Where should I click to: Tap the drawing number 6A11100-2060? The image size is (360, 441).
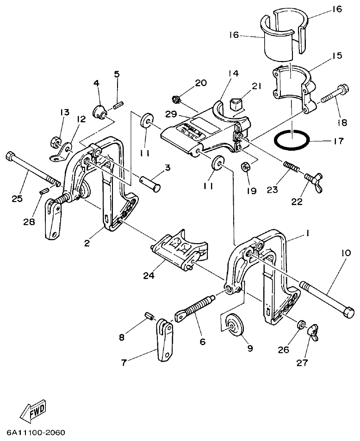36,433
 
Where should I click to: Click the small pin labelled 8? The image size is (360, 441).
149,316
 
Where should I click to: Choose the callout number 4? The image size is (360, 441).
96,83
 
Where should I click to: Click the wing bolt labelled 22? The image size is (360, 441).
314,179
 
